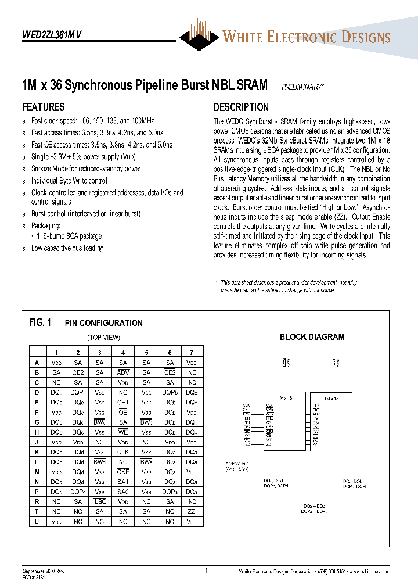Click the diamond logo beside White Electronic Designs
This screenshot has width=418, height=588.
coord(200,36)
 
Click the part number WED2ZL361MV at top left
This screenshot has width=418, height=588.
coord(52,34)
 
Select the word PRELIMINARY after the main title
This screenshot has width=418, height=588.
coord(302,87)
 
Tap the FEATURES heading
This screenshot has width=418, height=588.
coord(43,107)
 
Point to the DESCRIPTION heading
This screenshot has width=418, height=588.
coord(241,107)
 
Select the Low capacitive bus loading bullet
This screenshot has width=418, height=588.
coord(67,248)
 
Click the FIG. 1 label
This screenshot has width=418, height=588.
coord(40,322)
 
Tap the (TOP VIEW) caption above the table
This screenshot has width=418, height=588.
coord(103,337)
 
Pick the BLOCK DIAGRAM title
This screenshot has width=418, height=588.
coord(312,336)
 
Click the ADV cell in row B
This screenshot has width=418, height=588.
coord(123,372)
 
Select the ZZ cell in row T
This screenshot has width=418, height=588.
coord(192,511)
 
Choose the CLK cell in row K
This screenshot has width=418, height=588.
coord(123,451)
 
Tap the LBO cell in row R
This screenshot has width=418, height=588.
coord(100,501)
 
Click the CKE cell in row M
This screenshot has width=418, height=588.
coord(123,472)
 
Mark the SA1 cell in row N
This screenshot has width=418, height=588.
coord(123,482)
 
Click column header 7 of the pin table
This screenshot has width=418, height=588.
coord(192,352)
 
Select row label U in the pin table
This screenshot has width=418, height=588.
coord(37,522)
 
